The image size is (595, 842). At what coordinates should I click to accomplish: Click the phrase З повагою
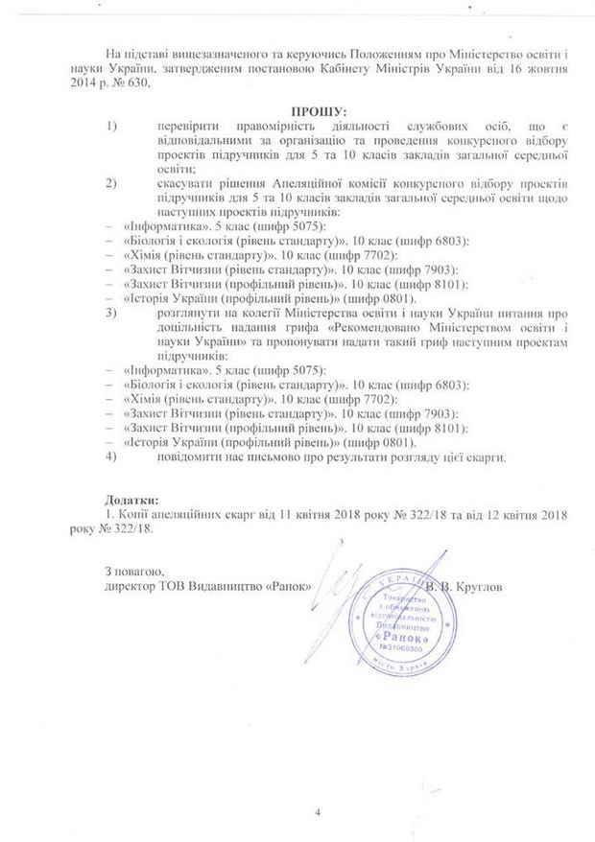click(135, 572)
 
